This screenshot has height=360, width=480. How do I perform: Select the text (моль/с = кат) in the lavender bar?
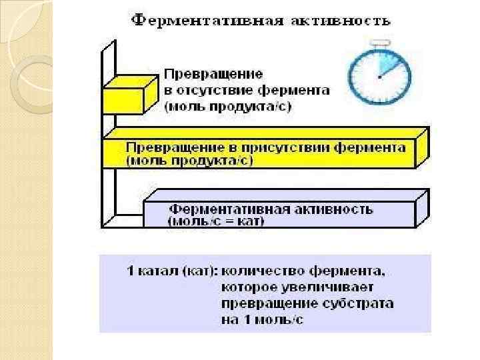(217, 221)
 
